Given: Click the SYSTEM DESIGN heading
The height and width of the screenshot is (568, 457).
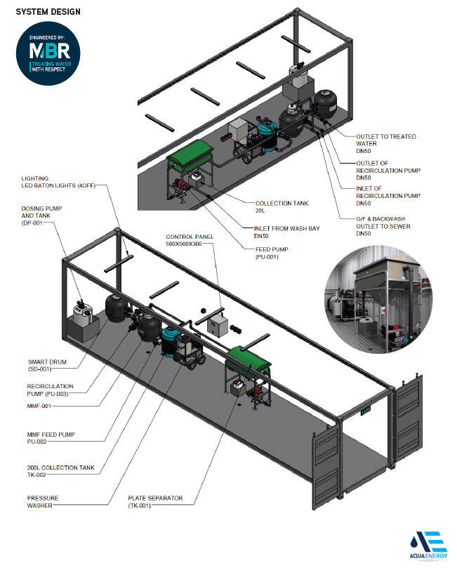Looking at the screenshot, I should click(x=48, y=12).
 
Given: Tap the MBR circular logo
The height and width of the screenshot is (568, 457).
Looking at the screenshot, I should click(x=48, y=53).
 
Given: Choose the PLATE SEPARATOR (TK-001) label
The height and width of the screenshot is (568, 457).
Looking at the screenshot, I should click(x=154, y=502).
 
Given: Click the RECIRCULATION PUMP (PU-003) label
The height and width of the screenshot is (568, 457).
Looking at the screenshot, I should click(x=51, y=390).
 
